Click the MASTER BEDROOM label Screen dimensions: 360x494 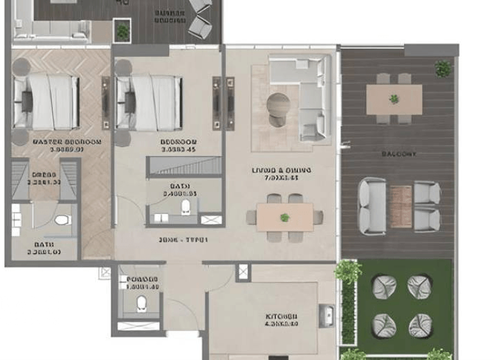59,141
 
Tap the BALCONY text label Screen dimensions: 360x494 399,154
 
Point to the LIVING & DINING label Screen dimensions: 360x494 282,170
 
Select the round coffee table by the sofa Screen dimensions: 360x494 279,105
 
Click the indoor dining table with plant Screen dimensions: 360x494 284,217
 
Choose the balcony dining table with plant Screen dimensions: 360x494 394,99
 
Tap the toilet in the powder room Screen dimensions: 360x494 142,303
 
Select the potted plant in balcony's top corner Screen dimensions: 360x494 443,68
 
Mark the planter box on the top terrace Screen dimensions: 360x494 122,30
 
